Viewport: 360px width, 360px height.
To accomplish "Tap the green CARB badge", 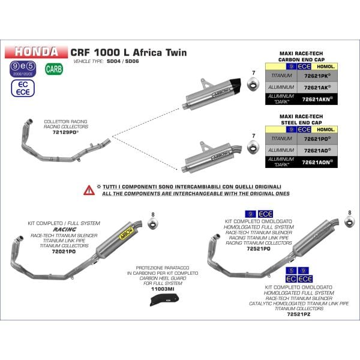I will (53, 68).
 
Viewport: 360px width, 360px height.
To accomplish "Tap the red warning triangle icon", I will (89, 189).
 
